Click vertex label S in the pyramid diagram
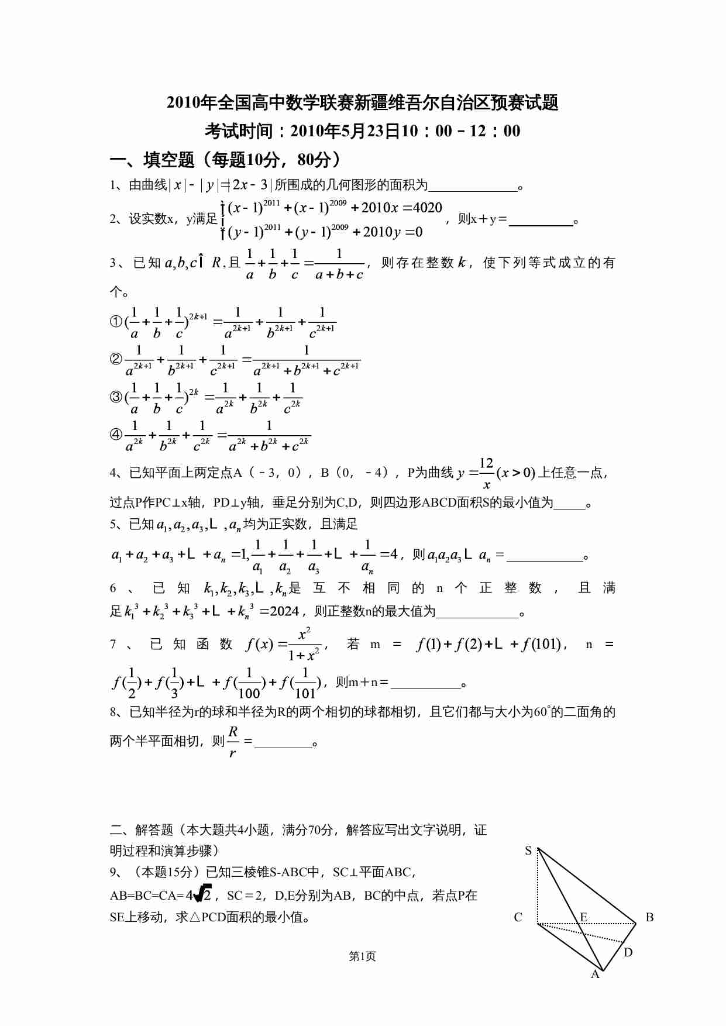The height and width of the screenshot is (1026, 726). pyautogui.click(x=528, y=851)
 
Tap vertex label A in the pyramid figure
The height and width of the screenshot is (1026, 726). pyautogui.click(x=595, y=975)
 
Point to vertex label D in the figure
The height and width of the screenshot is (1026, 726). pyautogui.click(x=628, y=952)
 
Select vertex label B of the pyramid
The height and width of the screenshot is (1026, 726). pyautogui.click(x=649, y=917)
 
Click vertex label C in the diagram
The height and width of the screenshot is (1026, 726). pyautogui.click(x=518, y=917)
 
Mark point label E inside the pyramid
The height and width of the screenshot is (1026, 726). pyautogui.click(x=583, y=917)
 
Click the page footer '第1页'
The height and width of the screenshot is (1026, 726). pyautogui.click(x=362, y=956)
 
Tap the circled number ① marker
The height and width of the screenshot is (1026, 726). pyautogui.click(x=116, y=321)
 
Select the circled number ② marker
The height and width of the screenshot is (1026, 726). pyautogui.click(x=116, y=359)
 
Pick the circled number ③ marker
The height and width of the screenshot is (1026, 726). pyautogui.click(x=116, y=397)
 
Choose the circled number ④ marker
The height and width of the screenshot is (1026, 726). pyautogui.click(x=116, y=435)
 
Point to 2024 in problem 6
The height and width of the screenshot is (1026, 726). pyautogui.click(x=285, y=612)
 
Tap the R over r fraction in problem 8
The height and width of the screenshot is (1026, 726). pyautogui.click(x=233, y=742)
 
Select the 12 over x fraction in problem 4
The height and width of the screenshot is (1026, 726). pyautogui.click(x=486, y=473)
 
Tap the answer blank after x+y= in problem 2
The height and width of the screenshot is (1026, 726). pyautogui.click(x=541, y=221)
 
